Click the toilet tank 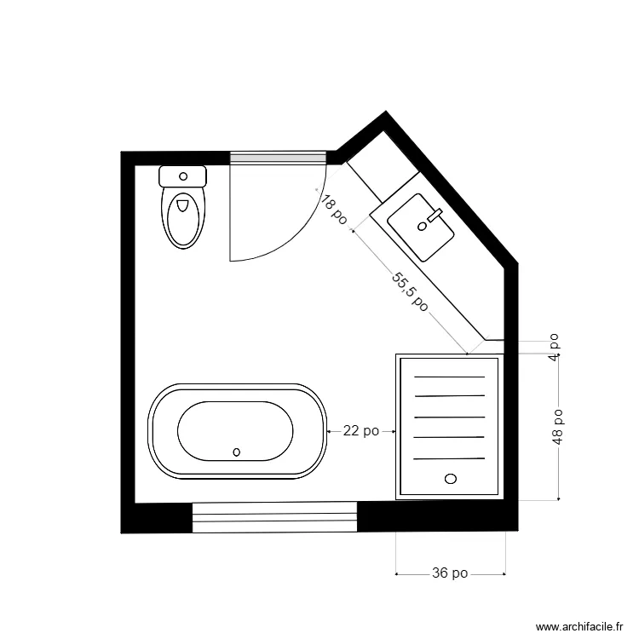(183, 176)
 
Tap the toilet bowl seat (183, 217)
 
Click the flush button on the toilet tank (183, 176)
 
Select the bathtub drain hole (237, 452)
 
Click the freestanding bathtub (238, 429)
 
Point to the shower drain (451, 479)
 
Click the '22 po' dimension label (360, 431)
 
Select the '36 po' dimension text (451, 573)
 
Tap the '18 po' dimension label (334, 210)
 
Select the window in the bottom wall (273, 516)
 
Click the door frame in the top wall (279, 157)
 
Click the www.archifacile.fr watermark (576, 625)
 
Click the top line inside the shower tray (448, 377)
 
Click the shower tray (448, 426)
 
